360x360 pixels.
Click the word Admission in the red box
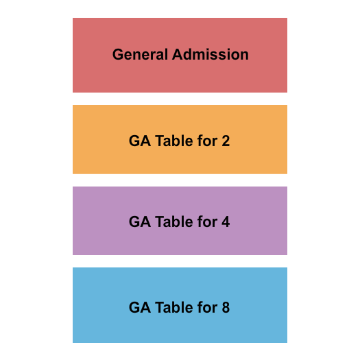click(211, 54)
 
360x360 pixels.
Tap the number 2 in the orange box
click(226, 141)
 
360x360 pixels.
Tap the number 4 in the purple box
click(226, 222)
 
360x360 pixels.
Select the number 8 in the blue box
click(226, 307)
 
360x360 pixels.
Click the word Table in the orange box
click(174, 141)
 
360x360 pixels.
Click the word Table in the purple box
click(174, 222)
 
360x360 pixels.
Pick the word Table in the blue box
click(174, 307)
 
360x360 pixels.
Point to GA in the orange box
click(140, 141)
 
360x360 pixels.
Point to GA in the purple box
click(140, 222)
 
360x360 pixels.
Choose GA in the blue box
click(140, 307)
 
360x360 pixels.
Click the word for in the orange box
click(207, 141)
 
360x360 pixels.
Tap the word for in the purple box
click(207, 222)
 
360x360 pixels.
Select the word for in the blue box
click(207, 307)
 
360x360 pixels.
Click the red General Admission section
click(180, 75)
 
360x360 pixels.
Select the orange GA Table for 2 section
click(180, 161)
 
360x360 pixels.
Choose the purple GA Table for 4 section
click(180, 241)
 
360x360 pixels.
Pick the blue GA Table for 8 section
click(180, 328)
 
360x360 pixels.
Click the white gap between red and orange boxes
click(180, 99)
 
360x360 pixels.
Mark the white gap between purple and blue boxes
click(180, 261)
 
